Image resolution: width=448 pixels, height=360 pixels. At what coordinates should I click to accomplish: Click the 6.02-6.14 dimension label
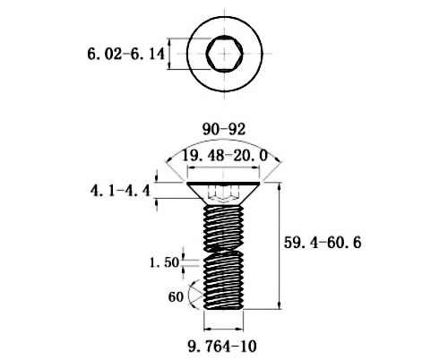[125, 55]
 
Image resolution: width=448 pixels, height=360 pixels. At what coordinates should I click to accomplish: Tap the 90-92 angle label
[224, 129]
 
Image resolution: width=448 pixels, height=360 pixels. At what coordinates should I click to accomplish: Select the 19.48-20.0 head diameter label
[225, 156]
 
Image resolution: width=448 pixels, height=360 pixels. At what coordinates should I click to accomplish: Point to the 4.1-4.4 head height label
[120, 191]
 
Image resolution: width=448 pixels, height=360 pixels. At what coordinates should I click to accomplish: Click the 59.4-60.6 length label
[323, 242]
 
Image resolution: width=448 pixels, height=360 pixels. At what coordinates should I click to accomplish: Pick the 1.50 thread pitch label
[165, 262]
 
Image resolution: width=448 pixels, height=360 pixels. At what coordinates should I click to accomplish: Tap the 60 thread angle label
[176, 296]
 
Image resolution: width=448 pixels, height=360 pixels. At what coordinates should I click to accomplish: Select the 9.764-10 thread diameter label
[222, 347]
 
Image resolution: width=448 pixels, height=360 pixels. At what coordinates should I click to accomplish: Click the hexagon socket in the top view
[225, 54]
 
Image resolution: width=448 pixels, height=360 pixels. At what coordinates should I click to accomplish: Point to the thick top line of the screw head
[223, 183]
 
